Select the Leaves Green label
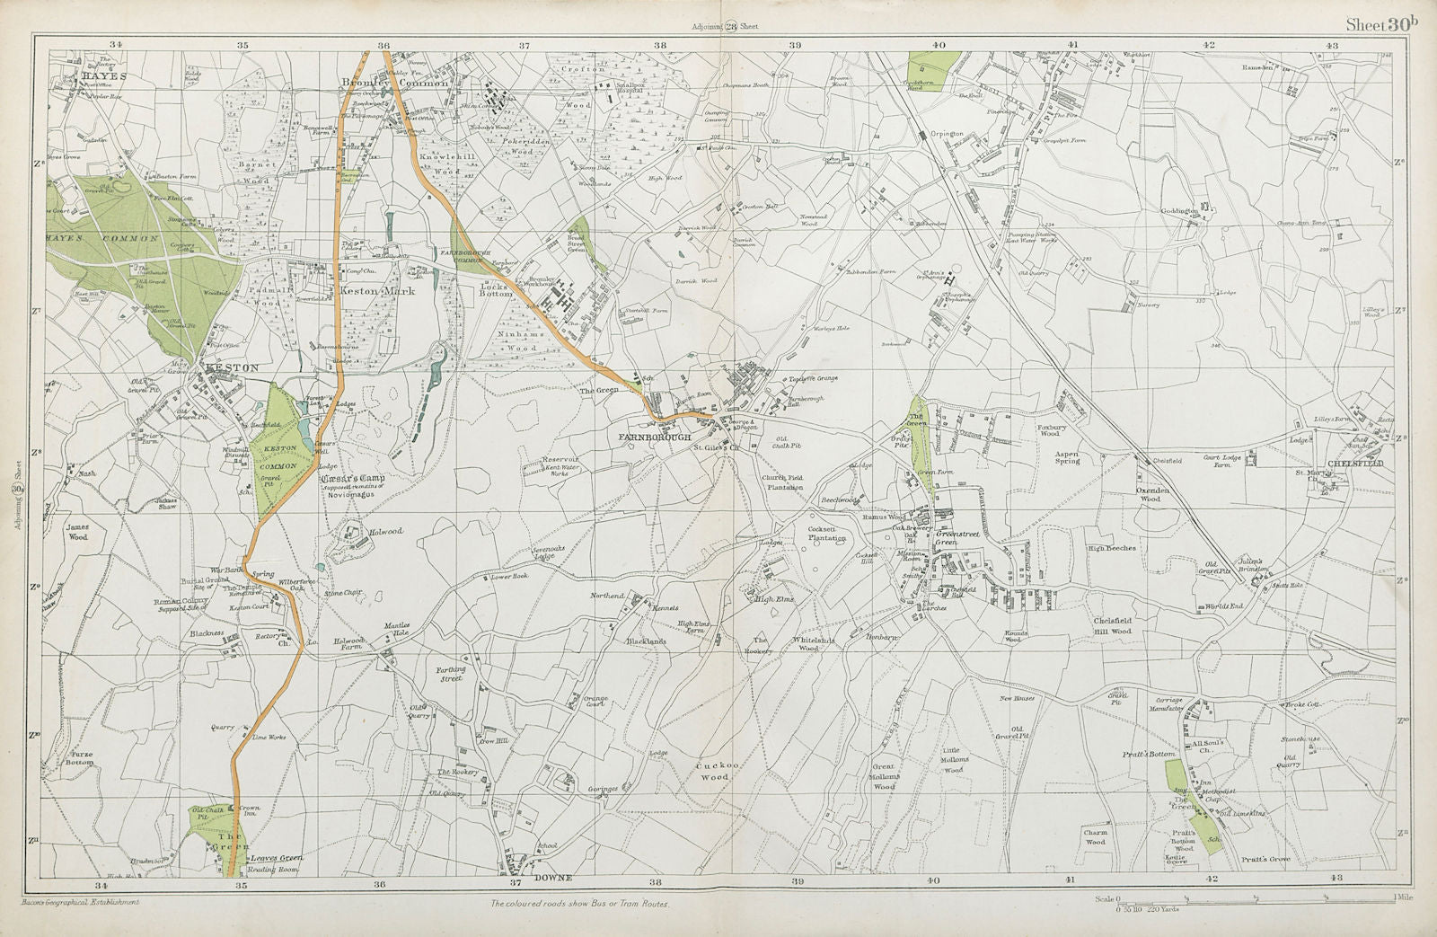278,858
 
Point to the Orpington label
946,133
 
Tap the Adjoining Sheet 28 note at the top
725,27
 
